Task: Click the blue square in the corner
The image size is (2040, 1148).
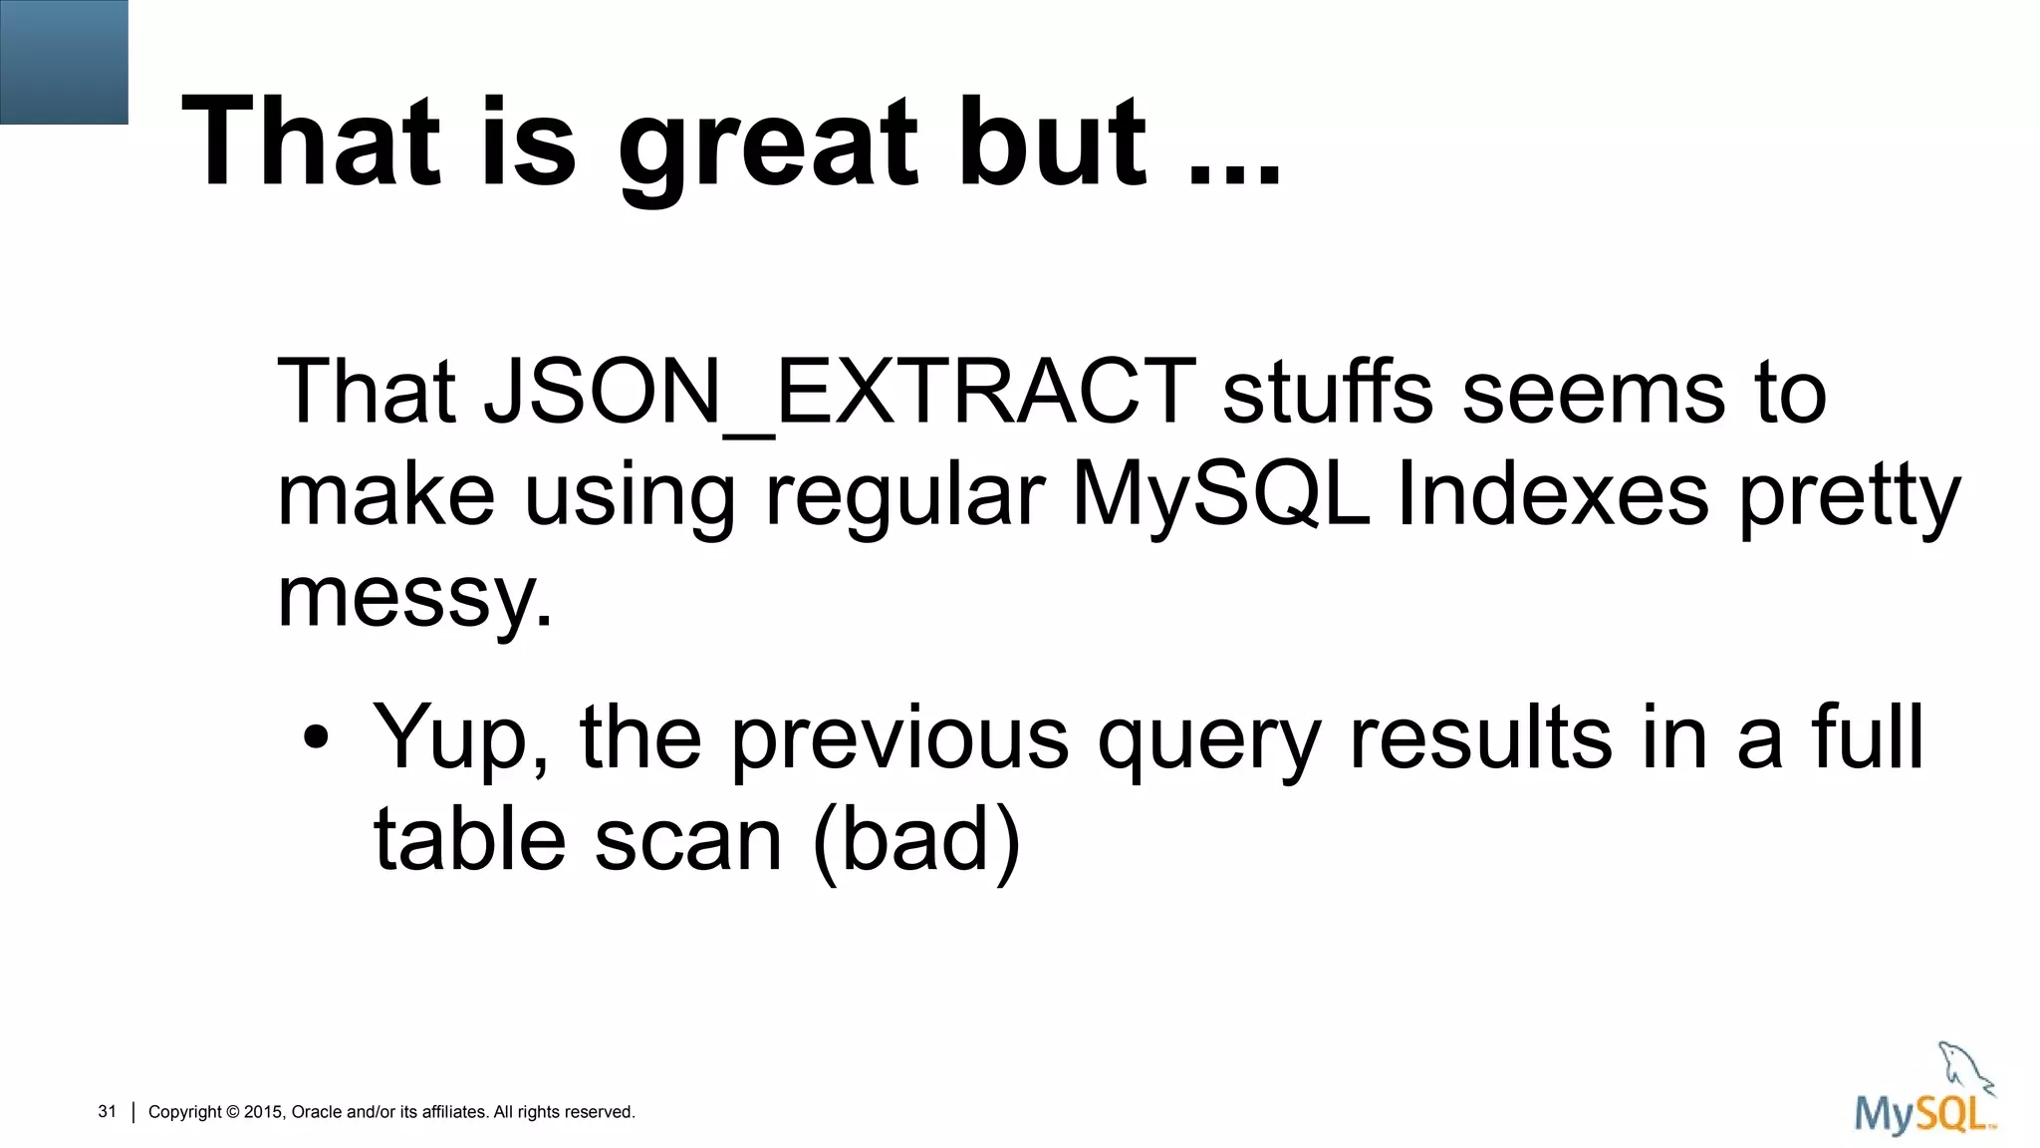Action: [64, 62]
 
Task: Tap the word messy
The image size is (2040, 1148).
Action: [412, 598]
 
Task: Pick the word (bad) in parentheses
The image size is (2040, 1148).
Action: [916, 840]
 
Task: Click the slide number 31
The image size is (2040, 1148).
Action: [108, 1111]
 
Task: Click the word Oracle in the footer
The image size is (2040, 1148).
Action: [317, 1112]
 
